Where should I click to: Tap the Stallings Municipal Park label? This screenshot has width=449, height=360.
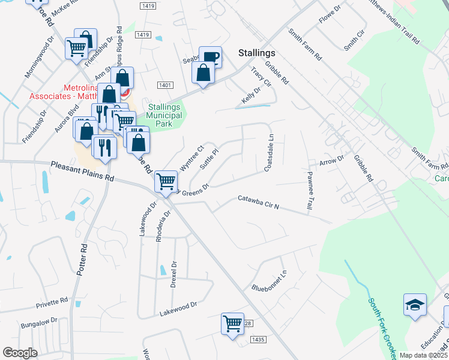pyautogui.click(x=164, y=116)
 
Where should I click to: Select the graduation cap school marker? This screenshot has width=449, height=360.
pyautogui.click(x=415, y=305)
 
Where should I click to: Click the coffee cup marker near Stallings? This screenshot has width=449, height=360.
pyautogui.click(x=210, y=58)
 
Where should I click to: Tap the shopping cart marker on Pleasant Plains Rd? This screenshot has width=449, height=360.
pyautogui.click(x=166, y=181)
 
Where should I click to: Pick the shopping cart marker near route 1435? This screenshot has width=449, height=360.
pyautogui.click(x=232, y=324)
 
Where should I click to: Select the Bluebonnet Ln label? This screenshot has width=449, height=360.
pyautogui.click(x=270, y=280)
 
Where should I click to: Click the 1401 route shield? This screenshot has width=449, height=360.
pyautogui.click(x=165, y=86)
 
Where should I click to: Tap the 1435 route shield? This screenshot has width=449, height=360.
pyautogui.click(x=259, y=340)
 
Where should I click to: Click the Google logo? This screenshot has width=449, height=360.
pyautogui.click(x=20, y=352)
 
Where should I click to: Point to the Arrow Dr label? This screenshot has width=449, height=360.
pyautogui.click(x=331, y=160)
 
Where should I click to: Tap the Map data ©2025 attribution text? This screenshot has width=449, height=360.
pyautogui.click(x=423, y=355)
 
